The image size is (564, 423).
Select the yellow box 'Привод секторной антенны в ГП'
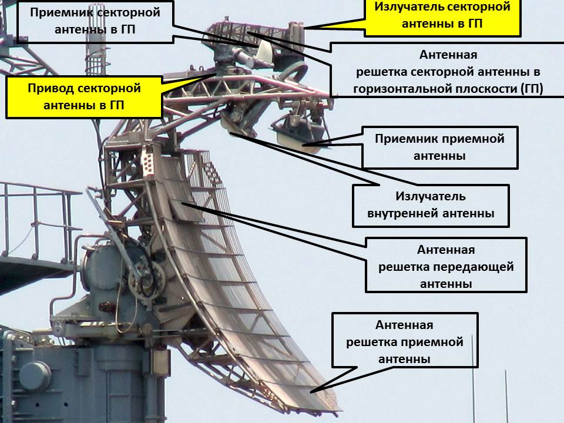pyautogui.click(x=85, y=97)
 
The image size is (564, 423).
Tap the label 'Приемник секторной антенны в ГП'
pyautogui.click(x=95, y=21)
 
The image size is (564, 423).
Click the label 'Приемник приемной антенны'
pyautogui.click(x=439, y=147)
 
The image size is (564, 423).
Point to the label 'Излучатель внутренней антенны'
pyautogui.click(x=431, y=205)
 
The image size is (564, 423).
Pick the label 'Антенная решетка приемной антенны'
pyautogui.click(x=404, y=341)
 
